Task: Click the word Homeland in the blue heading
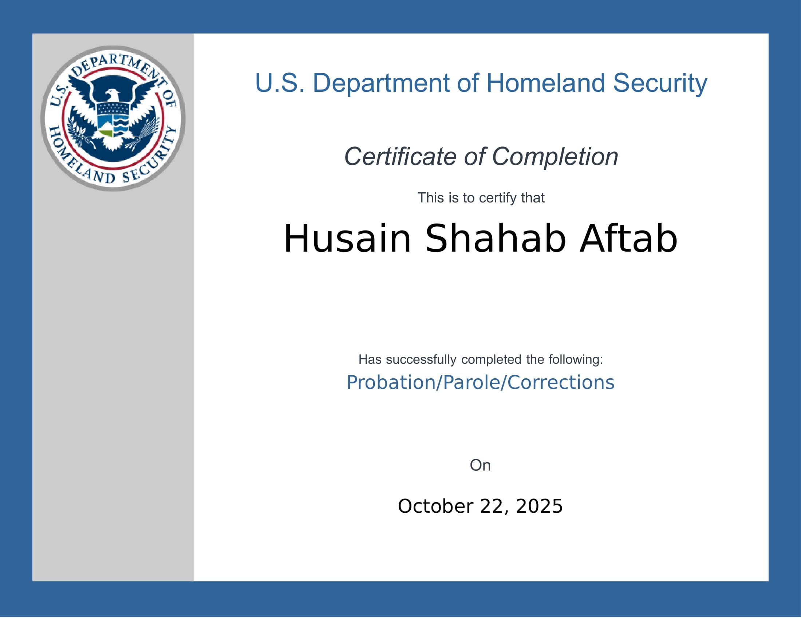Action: (546, 83)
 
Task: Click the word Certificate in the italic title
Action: (400, 157)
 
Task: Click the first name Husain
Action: (347, 239)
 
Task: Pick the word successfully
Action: (421, 359)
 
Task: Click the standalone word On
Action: (480, 465)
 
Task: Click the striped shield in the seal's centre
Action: (113, 119)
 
